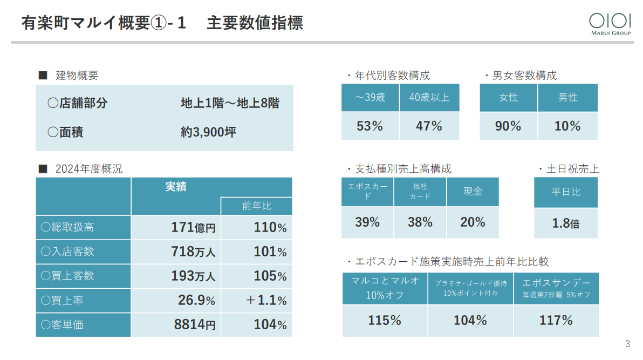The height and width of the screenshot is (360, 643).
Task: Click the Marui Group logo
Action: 610,23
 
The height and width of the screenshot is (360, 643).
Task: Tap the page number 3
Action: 627,344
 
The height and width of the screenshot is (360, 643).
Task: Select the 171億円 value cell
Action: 193,228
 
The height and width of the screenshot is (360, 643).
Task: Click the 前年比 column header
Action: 256,206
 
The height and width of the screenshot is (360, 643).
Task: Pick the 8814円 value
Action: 195,325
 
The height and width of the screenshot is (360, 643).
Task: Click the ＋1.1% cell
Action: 266,300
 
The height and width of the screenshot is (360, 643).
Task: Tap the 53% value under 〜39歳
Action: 370,126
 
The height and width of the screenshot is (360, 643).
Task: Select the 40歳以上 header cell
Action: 429,98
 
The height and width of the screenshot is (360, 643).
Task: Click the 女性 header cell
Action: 508,98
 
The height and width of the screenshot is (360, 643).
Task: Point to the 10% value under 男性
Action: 567,126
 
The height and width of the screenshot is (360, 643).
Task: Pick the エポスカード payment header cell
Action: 367,192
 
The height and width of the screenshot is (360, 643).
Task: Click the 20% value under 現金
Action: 473,222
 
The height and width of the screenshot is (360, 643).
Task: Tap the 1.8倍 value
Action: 565,223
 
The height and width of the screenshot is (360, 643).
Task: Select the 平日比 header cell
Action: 566,192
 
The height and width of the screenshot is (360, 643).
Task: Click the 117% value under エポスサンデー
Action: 556,320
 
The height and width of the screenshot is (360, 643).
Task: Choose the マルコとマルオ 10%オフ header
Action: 385,288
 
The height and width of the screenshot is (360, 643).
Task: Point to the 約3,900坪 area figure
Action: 208,132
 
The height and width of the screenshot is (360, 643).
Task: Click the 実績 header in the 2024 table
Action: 176,187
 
